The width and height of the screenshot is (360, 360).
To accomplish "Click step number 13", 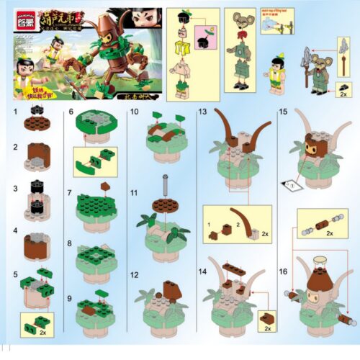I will point(203,113).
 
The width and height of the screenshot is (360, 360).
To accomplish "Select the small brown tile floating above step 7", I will point(105,186).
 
